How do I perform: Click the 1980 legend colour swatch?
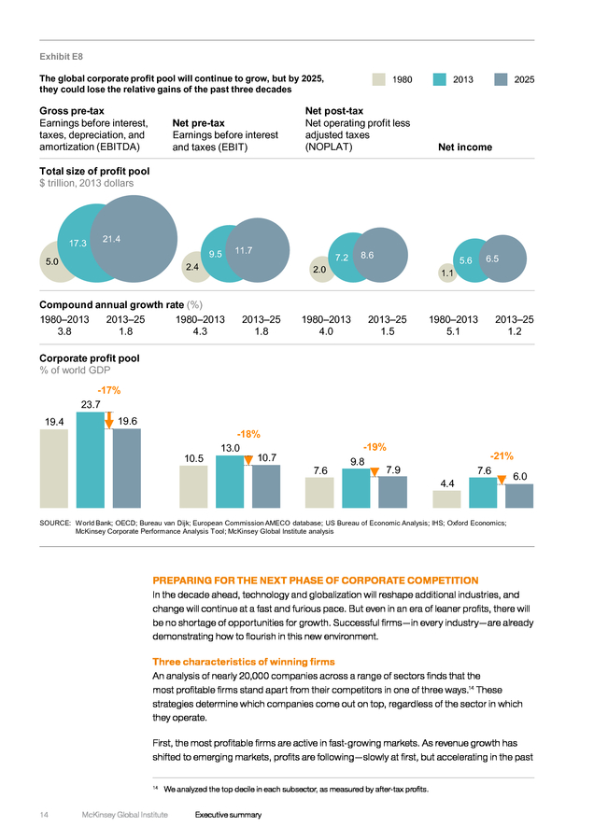click(379, 79)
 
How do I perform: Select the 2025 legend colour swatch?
click(501, 79)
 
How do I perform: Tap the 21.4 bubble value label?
click(111, 239)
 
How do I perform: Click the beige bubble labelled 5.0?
click(52, 262)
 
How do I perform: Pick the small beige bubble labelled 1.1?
click(446, 273)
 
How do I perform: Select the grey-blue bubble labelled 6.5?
click(502, 259)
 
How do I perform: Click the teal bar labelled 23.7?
click(90, 459)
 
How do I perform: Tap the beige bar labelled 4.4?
click(446, 499)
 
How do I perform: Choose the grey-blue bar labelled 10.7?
click(266, 486)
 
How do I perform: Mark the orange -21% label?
click(502, 455)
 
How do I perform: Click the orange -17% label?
click(109, 390)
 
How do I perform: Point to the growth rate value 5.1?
click(453, 331)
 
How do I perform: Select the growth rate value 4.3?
click(200, 331)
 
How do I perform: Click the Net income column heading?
click(465, 147)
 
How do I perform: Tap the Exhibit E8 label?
click(61, 57)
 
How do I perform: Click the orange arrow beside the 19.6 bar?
click(109, 420)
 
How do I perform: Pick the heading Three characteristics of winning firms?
click(244, 662)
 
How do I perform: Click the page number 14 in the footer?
click(44, 815)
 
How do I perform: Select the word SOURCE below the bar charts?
click(55, 523)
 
